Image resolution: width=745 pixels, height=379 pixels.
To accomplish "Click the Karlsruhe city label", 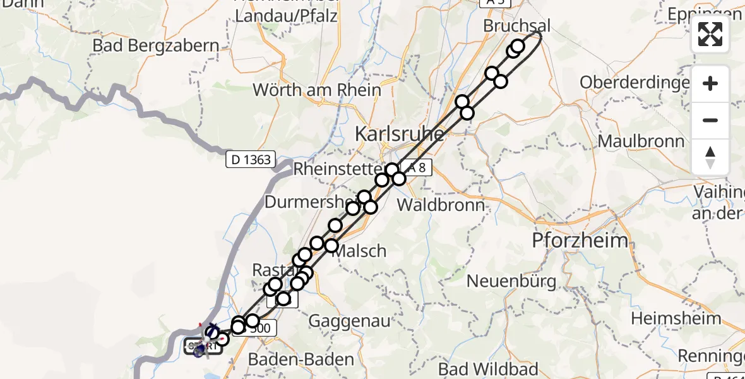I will (399, 135).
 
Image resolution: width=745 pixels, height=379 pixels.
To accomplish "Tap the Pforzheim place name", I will (580, 241).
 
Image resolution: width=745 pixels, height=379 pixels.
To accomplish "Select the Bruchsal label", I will (516, 27).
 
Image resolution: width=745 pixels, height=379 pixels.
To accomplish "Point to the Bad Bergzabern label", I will (155, 45).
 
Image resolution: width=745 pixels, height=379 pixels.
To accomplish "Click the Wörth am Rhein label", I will (317, 90).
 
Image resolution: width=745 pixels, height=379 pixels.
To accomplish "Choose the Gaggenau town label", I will (349, 322).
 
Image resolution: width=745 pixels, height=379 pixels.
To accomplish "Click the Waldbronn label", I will (441, 205).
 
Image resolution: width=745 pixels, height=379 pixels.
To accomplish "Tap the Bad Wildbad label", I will (488, 369).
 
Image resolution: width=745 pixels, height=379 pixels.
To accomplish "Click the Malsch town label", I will (359, 251).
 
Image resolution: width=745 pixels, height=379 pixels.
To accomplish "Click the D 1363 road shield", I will (250, 159).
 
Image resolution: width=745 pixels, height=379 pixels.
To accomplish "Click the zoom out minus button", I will (710, 120).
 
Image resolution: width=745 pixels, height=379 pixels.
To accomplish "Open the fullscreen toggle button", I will (710, 34).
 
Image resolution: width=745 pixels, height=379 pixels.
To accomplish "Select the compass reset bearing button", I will (710, 157).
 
